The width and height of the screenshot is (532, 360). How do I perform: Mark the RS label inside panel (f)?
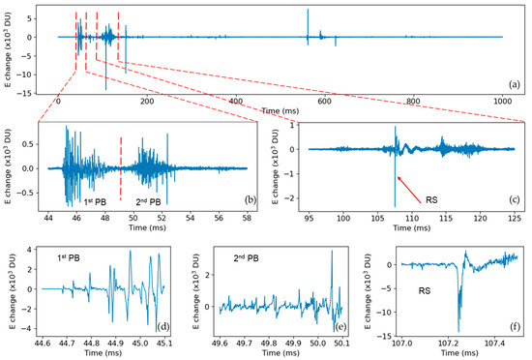(422, 289)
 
